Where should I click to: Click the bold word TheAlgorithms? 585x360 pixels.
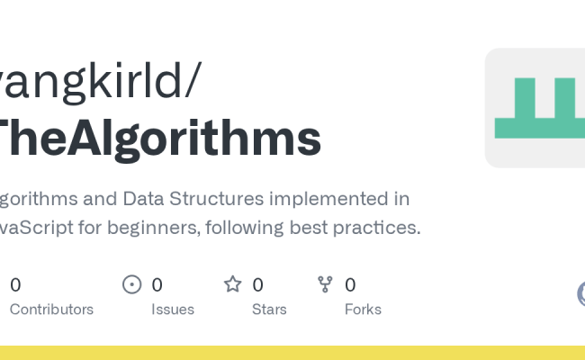(157, 139)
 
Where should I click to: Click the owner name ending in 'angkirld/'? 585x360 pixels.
(99, 83)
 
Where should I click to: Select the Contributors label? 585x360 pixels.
(51, 310)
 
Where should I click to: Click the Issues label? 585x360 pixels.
(173, 310)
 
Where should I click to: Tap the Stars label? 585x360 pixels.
(269, 310)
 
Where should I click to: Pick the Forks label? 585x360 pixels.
(363, 310)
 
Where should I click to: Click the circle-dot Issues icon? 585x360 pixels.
(132, 285)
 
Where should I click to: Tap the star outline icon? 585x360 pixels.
(233, 285)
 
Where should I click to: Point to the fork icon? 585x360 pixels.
(326, 285)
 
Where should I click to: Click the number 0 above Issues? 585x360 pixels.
(157, 285)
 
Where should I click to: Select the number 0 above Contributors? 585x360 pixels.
(15, 285)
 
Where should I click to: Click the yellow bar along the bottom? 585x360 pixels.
(292, 353)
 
